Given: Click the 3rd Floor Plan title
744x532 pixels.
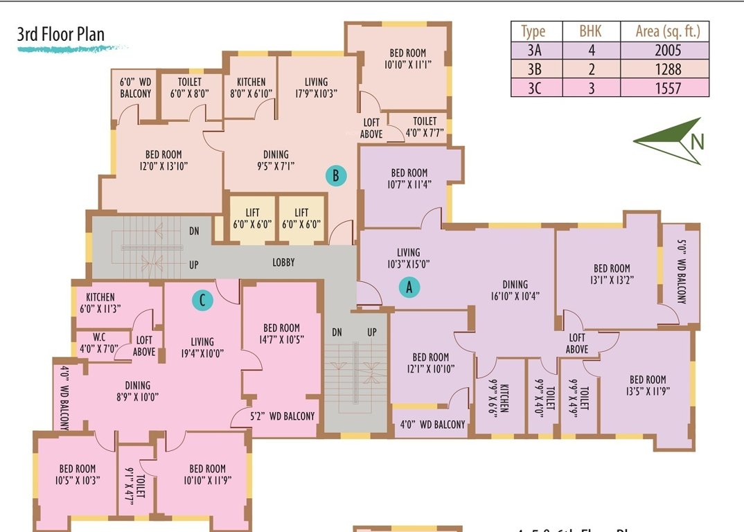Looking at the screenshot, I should click(61, 35).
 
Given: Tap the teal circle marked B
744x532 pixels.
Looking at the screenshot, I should click(335, 176).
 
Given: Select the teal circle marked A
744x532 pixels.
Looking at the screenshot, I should click(409, 287).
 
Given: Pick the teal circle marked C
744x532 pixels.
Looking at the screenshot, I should click(202, 300).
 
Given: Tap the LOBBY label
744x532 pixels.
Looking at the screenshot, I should click(283, 263).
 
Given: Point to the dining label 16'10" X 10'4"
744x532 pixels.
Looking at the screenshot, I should click(515, 290).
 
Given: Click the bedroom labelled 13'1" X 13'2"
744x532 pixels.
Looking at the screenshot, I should click(612, 274).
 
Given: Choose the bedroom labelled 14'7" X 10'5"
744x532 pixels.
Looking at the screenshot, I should click(281, 333).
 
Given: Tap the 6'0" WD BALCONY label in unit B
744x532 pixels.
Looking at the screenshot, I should click(135, 88).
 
